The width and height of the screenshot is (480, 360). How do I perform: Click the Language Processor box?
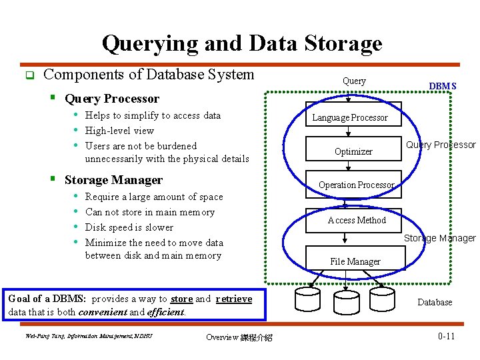[x=353, y=114]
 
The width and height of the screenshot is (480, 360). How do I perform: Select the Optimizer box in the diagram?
[x=353, y=149]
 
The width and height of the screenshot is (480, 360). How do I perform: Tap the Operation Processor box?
[x=353, y=184]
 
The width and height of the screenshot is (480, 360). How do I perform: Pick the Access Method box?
[x=353, y=221]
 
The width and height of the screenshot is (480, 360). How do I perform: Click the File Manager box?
[x=355, y=258]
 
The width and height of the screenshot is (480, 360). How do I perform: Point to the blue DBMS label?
[x=443, y=86]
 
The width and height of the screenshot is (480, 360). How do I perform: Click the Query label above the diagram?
[x=354, y=81]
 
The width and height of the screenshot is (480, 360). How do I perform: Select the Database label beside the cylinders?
[x=435, y=302]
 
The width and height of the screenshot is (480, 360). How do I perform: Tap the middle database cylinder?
[x=347, y=303]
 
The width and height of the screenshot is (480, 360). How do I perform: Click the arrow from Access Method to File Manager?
[x=345, y=238]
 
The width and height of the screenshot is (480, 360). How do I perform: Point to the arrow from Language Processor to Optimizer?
[x=348, y=131]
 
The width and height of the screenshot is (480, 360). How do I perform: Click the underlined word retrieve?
[x=234, y=299]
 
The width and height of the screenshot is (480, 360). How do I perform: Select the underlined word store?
[x=181, y=299]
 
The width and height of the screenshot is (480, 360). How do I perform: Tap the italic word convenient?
[x=103, y=312]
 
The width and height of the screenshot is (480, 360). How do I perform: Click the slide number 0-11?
[x=446, y=336]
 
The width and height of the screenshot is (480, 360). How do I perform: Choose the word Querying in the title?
[x=150, y=44]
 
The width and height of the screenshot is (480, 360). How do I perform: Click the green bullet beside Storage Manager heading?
[x=53, y=178]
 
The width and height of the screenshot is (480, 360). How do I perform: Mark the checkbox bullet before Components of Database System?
[x=30, y=75]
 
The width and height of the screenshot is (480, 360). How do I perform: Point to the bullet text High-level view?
[x=119, y=131]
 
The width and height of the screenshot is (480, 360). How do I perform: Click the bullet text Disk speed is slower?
[x=129, y=227]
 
